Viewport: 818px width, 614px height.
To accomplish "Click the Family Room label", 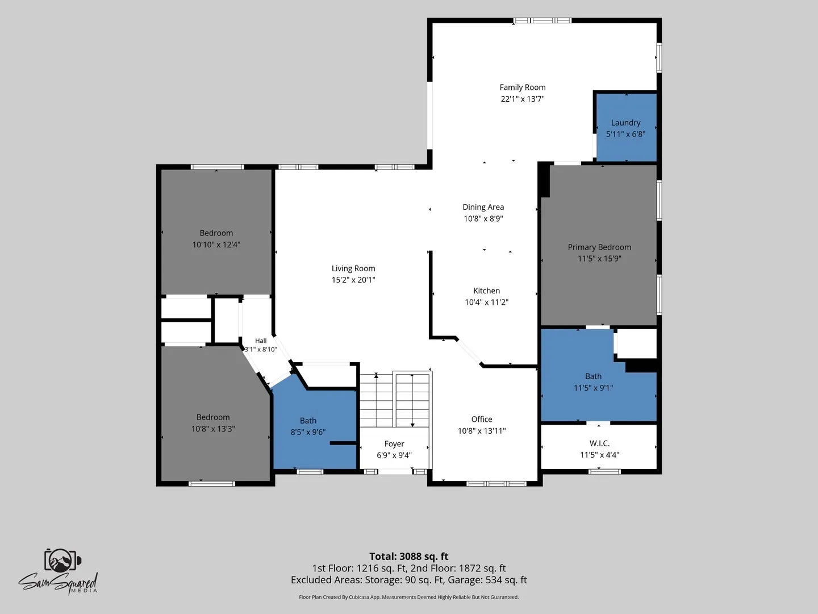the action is point(523,87).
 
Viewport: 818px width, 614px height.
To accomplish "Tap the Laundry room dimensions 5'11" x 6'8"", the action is point(625,134).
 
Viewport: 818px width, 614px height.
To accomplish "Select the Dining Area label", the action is point(483,207).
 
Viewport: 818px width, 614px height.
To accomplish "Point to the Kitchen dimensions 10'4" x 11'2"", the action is point(487,302).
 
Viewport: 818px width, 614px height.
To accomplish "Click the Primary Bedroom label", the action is point(599,247).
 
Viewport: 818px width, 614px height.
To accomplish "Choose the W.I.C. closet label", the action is point(600,443).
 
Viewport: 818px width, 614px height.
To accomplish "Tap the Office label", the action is point(482,419).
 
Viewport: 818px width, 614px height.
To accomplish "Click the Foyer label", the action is point(394,443).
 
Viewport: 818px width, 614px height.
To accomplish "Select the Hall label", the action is point(261,341).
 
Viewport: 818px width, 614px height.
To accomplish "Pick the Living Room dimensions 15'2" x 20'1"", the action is point(353,280).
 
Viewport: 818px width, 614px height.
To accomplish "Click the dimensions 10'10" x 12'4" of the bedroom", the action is point(216,244).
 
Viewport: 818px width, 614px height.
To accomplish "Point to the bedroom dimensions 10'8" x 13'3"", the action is point(213,429).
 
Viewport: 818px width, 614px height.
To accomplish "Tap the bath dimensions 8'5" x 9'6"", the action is point(308,432).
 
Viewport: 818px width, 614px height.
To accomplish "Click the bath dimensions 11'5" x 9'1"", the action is point(593,388).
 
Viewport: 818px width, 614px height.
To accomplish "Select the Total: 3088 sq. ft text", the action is point(409,557).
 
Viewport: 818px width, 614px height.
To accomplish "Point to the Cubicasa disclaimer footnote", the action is point(409,597).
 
